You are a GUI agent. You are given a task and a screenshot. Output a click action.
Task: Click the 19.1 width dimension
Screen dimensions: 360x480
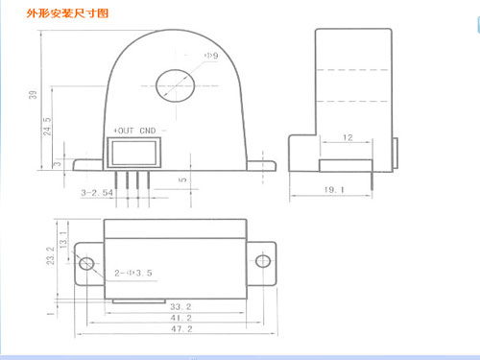coord(332,190)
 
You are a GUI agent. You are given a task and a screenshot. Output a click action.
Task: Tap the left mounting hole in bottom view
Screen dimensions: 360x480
coord(86,262)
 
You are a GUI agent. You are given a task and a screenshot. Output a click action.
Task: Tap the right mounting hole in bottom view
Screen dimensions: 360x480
coord(261,262)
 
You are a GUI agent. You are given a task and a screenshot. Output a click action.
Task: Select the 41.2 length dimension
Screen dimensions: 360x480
coord(180,317)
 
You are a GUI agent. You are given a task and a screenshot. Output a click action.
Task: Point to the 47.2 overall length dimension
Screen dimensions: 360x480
coord(180,328)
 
